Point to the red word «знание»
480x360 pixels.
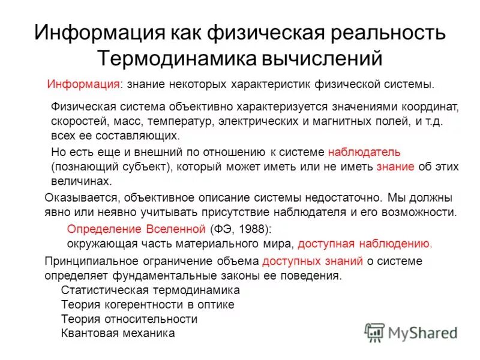coord(395,166)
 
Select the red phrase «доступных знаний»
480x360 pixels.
coord(313,261)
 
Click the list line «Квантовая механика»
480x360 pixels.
coord(118,333)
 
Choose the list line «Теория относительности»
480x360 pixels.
coord(129,319)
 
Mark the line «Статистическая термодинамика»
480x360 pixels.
coord(151,290)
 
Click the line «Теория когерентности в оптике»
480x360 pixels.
coord(148,304)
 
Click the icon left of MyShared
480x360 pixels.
coord(374,332)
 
